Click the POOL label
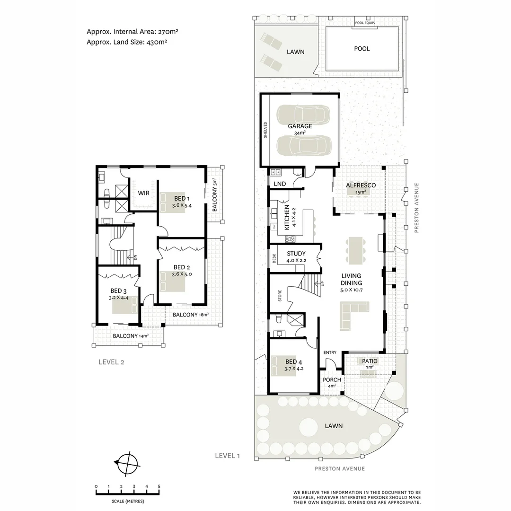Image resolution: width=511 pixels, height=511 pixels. (x=362, y=49)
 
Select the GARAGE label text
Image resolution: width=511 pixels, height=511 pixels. (x=300, y=126)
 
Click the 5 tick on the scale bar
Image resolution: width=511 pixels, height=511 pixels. (x=159, y=486)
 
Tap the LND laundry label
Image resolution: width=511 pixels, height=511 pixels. (x=279, y=184)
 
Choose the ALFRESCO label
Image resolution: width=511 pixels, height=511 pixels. (x=361, y=185)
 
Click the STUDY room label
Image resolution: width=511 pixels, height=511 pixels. (x=296, y=254)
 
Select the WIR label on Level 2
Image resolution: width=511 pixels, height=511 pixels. (x=144, y=193)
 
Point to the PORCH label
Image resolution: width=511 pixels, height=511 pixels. (x=332, y=380)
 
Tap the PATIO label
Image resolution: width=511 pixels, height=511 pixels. (x=370, y=361)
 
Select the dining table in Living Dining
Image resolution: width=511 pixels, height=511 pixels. (x=355, y=250)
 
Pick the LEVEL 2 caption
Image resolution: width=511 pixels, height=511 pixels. (x=111, y=362)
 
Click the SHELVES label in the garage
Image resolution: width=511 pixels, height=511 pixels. (x=266, y=130)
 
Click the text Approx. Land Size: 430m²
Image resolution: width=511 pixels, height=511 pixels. (x=127, y=42)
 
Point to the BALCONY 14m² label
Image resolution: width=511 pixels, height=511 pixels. (x=131, y=336)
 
